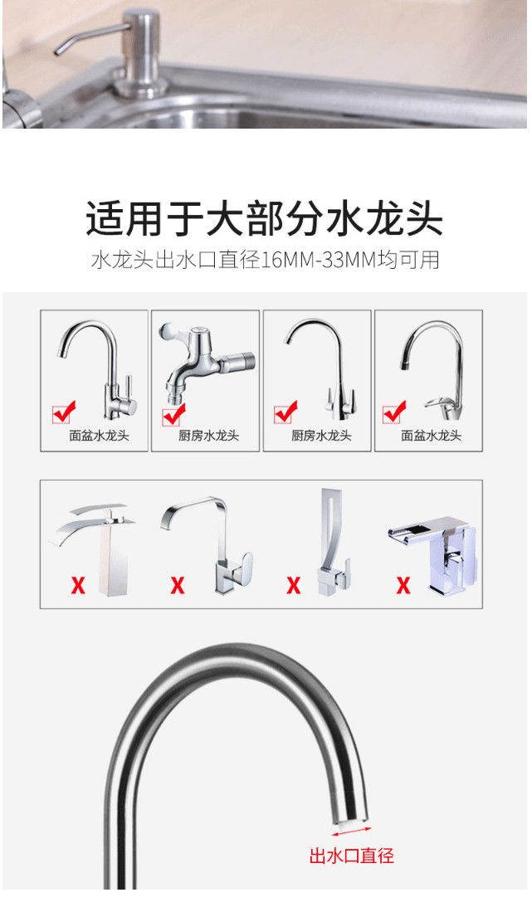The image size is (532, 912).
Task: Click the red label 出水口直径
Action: (x=351, y=856)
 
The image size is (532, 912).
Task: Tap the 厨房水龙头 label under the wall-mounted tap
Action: (x=208, y=436)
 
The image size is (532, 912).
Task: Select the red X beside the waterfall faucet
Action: (x=77, y=584)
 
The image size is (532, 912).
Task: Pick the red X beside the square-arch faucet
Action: (x=178, y=584)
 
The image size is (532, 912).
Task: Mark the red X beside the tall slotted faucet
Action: (x=294, y=584)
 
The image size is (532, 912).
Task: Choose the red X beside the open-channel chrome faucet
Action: (x=403, y=584)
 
